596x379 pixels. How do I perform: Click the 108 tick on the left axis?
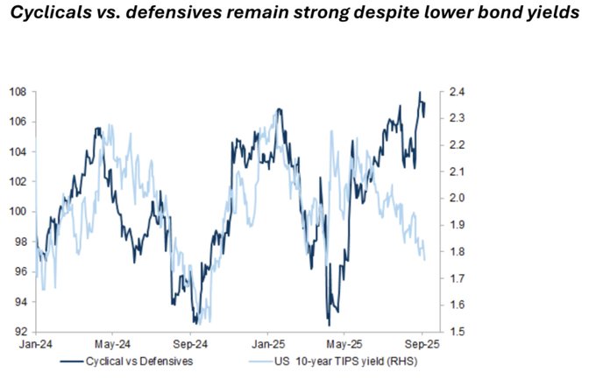[x=17, y=91]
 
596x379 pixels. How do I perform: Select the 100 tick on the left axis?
[x=17, y=211]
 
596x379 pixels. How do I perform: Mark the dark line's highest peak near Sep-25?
[x=420, y=92]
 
